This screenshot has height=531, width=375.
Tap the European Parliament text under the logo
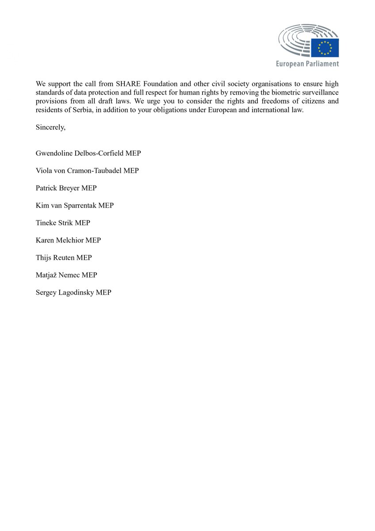(307, 64)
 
